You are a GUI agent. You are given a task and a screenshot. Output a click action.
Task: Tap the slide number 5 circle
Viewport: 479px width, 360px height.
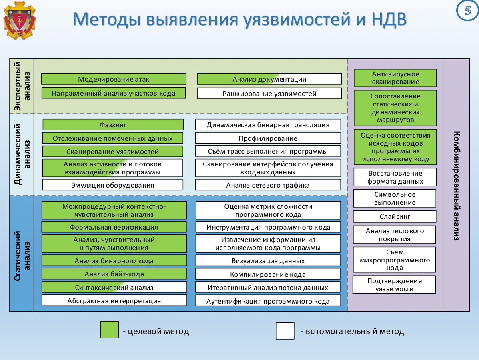pyautogui.click(x=467, y=11)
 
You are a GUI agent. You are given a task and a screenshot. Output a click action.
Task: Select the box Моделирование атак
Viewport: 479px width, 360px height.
pyautogui.click(x=114, y=79)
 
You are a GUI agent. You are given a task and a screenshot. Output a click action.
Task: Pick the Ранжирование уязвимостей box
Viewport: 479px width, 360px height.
pyautogui.click(x=269, y=94)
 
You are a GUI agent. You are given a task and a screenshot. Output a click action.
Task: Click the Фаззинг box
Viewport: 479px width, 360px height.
pyautogui.click(x=113, y=125)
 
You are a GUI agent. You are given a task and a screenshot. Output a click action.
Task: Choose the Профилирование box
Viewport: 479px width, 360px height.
pyautogui.click(x=268, y=138)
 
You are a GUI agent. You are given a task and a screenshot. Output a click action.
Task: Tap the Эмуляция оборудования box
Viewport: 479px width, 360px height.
pyautogui.click(x=112, y=185)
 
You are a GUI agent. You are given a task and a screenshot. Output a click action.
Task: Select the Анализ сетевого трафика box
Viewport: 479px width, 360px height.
pyautogui.click(x=268, y=185)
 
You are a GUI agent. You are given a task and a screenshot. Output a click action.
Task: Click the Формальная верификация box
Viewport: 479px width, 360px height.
pyautogui.click(x=114, y=227)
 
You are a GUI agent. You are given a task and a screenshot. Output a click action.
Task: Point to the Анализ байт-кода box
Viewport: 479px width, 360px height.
pyautogui.click(x=114, y=274)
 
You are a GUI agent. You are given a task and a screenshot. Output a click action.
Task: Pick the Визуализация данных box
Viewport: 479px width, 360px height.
pyautogui.click(x=268, y=261)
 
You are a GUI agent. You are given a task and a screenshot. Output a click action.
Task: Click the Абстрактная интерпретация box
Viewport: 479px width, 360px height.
pyautogui.click(x=114, y=300)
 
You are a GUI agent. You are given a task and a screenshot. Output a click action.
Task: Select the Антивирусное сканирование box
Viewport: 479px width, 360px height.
pyautogui.click(x=395, y=78)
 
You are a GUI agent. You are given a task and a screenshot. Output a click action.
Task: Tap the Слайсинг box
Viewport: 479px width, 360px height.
pyautogui.click(x=395, y=216)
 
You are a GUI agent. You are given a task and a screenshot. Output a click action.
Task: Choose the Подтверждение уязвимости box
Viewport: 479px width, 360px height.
pyautogui.click(x=395, y=285)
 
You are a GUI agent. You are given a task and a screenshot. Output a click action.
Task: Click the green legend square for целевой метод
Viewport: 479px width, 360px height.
pyautogui.click(x=109, y=330)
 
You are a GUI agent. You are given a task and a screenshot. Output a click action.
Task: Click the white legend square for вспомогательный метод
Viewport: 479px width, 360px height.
pyautogui.click(x=285, y=331)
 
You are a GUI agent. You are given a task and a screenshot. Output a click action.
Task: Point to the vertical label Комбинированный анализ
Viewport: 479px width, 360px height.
pyautogui.click(x=456, y=185)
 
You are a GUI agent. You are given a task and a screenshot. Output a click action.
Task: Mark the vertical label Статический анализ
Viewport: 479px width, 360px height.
pyautogui.click(x=22, y=253)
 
